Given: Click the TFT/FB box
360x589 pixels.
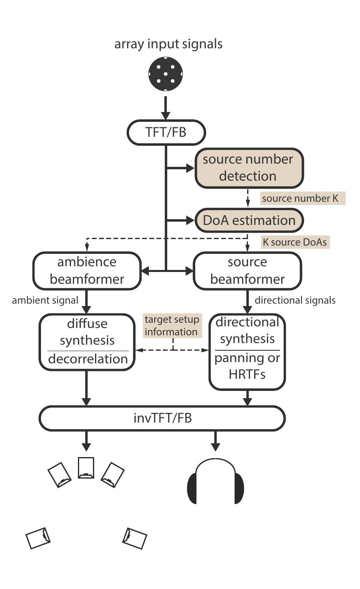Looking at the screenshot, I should (166, 132).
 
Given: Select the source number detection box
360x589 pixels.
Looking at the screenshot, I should (249, 168).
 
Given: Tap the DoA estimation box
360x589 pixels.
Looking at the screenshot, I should (249, 220).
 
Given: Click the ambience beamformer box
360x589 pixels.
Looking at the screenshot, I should (86, 271).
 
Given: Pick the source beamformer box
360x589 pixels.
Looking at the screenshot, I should (247, 271).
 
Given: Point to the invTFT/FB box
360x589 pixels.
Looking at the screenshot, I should (162, 418).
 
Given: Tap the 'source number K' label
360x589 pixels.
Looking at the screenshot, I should (302, 198).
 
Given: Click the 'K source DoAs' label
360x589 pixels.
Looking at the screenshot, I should (295, 242).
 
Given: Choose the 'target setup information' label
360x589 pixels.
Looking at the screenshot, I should (172, 326).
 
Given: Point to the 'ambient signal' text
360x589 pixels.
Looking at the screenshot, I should (45, 300).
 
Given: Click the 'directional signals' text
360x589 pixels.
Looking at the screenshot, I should (295, 300).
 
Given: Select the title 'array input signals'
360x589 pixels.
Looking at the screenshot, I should (168, 44).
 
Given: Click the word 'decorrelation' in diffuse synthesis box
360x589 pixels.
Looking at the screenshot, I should (88, 359).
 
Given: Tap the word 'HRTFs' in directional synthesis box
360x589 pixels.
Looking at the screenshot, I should (247, 374).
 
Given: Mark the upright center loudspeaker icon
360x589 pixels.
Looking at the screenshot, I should (86, 468).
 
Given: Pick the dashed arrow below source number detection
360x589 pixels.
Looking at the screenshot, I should (248, 198).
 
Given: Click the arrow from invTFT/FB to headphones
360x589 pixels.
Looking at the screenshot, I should (215, 440).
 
